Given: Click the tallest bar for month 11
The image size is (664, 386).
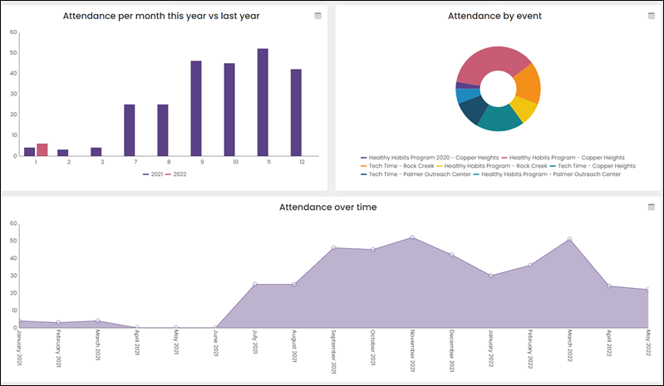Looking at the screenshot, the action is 263,102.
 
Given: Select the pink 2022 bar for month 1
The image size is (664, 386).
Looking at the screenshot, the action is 42,149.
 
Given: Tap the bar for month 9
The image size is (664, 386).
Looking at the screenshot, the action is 196,108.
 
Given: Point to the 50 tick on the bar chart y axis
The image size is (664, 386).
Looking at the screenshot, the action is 13,53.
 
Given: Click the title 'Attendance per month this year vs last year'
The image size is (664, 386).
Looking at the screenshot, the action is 161,16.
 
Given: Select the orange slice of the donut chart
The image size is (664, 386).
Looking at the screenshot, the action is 528,84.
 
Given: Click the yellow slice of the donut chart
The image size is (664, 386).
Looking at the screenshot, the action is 524,108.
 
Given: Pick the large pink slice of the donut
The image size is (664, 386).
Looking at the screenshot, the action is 491,64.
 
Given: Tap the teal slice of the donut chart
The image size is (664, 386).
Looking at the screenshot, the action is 499,119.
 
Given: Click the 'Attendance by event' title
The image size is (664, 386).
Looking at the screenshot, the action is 494,16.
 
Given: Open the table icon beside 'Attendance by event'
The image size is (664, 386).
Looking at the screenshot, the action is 652,16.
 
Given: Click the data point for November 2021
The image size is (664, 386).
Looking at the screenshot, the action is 412,237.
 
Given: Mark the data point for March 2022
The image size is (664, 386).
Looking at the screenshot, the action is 569,239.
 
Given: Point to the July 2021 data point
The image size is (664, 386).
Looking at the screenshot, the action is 255,285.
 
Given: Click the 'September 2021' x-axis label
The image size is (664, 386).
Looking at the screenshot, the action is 334,351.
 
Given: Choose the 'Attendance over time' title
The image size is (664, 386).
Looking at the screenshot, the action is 327,208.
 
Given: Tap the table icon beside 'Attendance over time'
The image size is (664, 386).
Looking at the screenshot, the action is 652,207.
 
